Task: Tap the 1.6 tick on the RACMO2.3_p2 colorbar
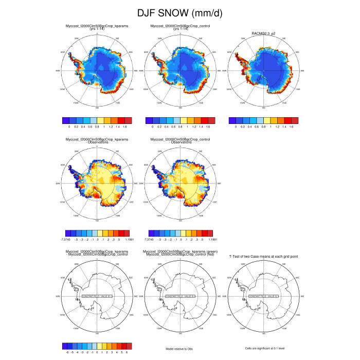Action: coord(292,125)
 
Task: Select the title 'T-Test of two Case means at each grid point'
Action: coord(264,255)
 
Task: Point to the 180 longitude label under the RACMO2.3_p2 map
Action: coord(263,108)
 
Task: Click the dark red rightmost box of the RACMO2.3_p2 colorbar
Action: coord(295,119)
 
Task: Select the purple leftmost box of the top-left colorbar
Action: coord(65,119)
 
